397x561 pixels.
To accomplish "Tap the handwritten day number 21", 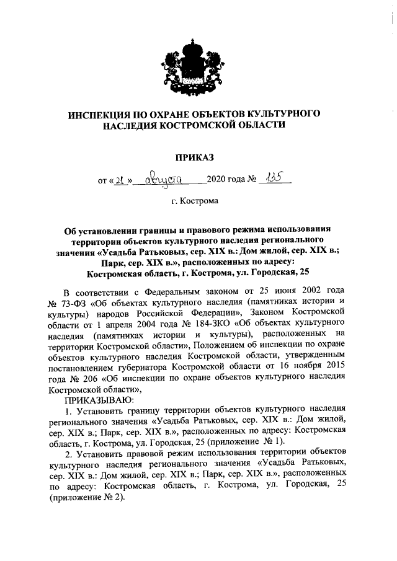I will tap(121, 181).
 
